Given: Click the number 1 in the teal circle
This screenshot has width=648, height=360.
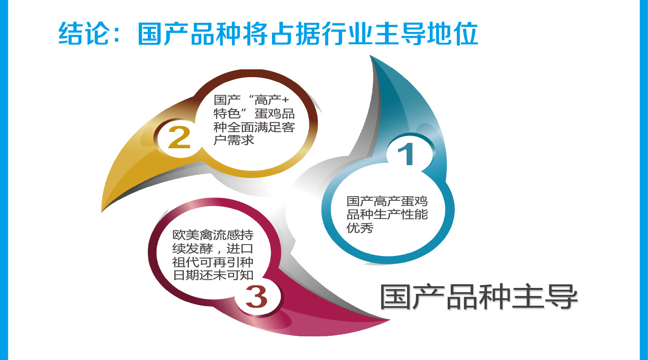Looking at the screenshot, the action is (x=407, y=154).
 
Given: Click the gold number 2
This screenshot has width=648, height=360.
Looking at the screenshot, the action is (x=179, y=137).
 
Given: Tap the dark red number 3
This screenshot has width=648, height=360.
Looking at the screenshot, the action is (x=256, y=297).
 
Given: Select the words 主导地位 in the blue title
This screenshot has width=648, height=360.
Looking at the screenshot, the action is (x=426, y=34).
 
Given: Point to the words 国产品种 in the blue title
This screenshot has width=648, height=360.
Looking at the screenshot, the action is (x=189, y=34).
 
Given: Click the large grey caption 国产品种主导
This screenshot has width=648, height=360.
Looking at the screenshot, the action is (x=479, y=297).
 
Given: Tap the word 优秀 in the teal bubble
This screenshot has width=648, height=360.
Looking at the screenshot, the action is (x=360, y=228).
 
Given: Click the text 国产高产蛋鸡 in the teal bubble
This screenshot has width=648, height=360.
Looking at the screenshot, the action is (x=387, y=201).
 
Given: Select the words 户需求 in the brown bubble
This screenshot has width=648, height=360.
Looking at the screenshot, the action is (x=234, y=140).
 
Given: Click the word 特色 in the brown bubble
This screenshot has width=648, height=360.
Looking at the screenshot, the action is (x=227, y=113).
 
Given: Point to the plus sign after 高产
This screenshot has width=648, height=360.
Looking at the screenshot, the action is (x=285, y=100).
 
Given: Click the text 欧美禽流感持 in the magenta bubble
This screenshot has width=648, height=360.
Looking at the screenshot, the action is (x=213, y=235).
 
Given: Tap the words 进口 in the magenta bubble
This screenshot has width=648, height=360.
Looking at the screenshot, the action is (x=240, y=248).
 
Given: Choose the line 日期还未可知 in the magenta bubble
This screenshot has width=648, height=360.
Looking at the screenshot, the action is (x=213, y=275).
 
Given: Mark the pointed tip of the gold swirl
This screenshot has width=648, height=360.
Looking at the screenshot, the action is (x=102, y=211).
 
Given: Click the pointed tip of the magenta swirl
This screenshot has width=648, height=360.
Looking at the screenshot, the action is (x=389, y=320).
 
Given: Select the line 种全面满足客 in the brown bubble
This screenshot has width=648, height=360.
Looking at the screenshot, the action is (x=254, y=127).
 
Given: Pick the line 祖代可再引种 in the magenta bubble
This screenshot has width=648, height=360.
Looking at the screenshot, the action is (x=213, y=262).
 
